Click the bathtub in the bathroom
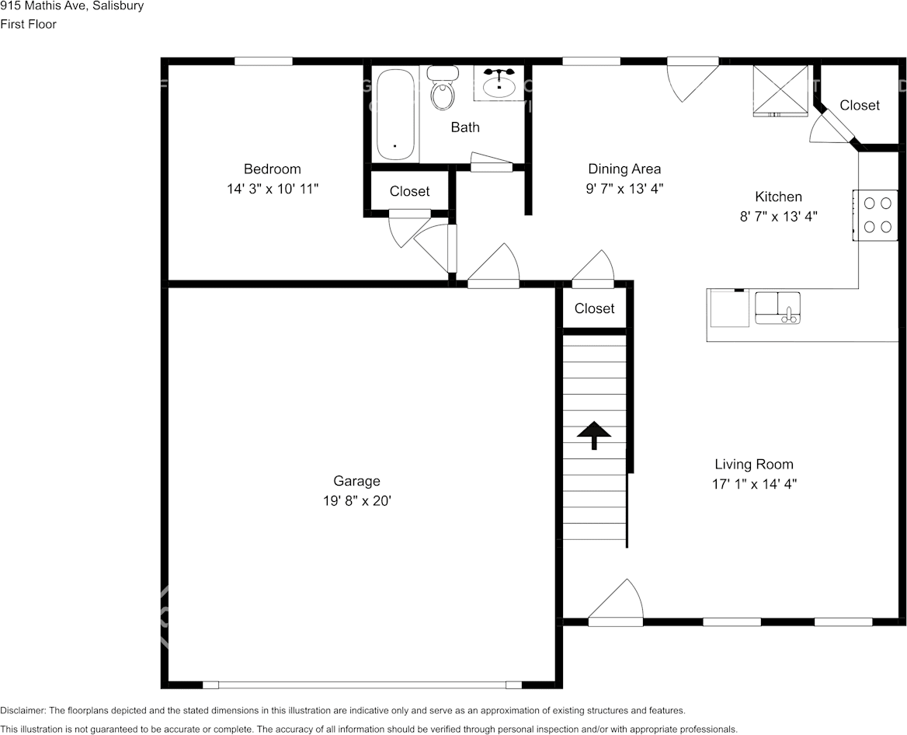pos(396,115)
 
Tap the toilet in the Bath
pos(443,89)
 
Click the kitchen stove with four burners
pos(876,215)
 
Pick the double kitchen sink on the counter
pos(777,307)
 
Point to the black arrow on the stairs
pos(594,435)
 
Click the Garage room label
pos(356,482)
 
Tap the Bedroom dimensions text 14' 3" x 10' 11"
pos(272,189)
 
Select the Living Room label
pos(754,465)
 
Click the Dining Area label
pos(624,169)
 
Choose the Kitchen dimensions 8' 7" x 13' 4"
pos(778,217)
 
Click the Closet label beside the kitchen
pos(860,105)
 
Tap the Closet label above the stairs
pos(594,308)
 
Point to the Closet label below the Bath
pos(409,191)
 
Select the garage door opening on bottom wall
pos(362,684)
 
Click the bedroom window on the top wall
pos(263,61)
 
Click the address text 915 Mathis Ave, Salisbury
pos(71,6)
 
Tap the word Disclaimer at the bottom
pos(23,710)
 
